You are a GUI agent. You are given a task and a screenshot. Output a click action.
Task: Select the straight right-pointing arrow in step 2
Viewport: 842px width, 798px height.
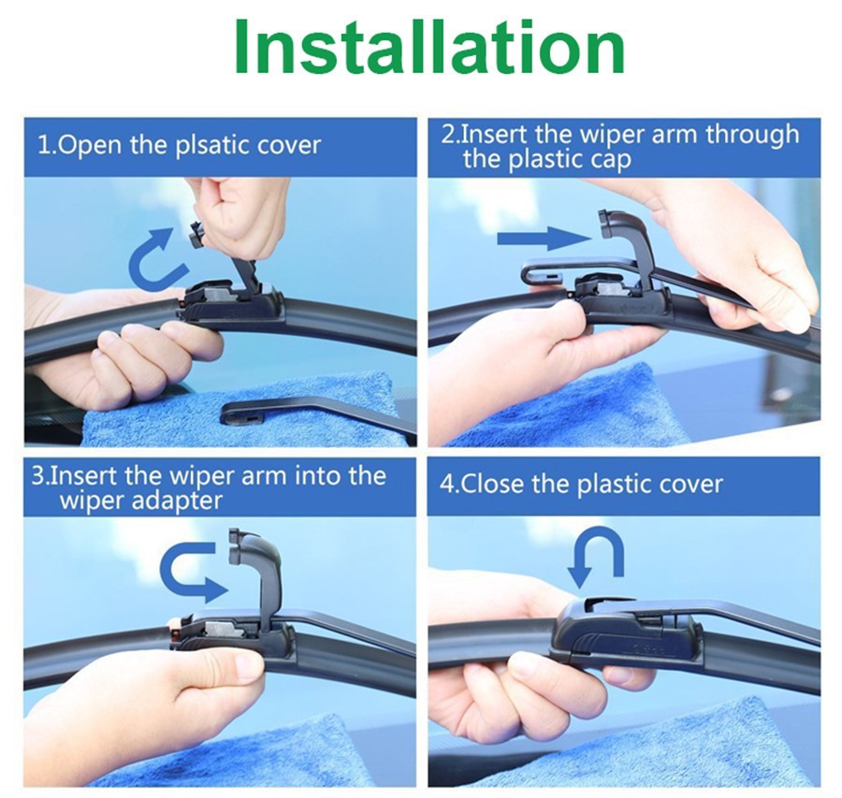(544, 238)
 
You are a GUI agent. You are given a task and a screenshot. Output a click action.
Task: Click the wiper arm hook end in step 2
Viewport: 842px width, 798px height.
(543, 273)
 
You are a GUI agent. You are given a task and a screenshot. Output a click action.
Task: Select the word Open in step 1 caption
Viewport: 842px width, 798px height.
(91, 146)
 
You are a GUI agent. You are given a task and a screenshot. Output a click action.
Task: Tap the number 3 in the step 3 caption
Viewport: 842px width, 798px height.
(36, 476)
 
